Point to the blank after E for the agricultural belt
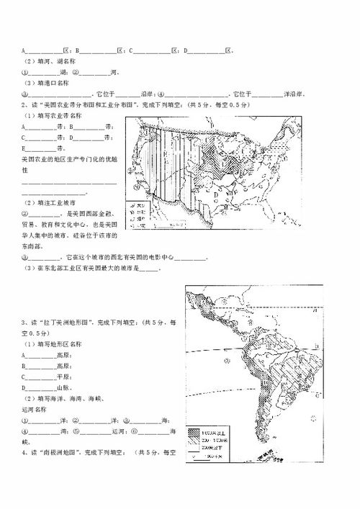pos(42,149)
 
